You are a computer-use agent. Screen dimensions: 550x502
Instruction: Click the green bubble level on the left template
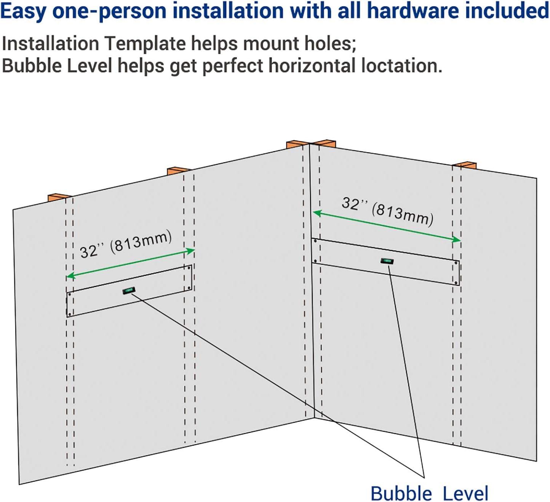point(129,290)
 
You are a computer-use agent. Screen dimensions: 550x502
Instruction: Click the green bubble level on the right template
point(387,261)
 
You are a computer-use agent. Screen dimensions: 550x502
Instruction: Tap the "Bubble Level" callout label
point(429,494)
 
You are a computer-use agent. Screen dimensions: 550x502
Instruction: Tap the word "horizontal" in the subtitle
point(312,66)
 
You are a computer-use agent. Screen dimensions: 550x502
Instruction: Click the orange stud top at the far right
point(464,165)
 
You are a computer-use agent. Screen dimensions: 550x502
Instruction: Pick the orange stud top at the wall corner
point(311,144)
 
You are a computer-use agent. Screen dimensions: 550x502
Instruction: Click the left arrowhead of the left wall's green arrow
point(70,276)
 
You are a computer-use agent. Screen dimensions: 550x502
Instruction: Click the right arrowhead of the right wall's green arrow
point(457,240)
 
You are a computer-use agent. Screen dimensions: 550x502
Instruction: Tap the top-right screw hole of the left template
point(189,268)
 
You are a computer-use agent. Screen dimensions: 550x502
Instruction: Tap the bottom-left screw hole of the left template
point(70,314)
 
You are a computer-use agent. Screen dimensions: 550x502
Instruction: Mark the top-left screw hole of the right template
point(315,241)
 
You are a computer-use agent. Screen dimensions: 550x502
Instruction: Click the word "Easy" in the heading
point(24,11)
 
